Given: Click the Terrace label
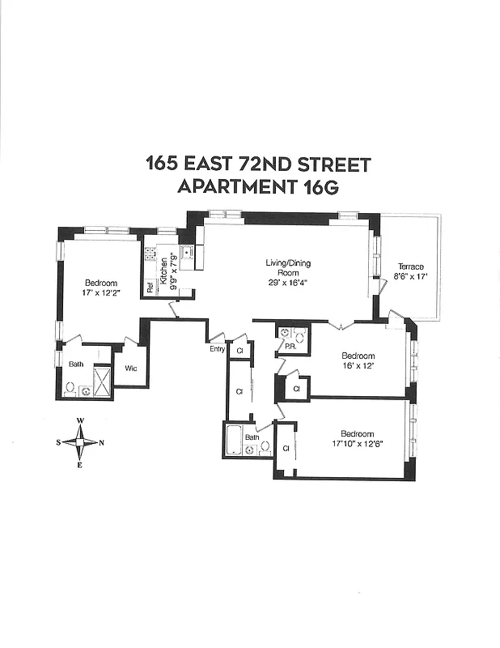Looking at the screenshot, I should [x=410, y=266].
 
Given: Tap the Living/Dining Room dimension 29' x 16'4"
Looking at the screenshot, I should [x=288, y=283].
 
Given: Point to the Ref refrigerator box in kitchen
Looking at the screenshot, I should [x=150, y=287].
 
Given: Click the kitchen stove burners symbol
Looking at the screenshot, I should [x=150, y=254].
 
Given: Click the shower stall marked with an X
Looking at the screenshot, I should [x=102, y=381].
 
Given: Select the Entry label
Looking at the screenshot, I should [x=217, y=349].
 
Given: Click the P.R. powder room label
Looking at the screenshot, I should [x=289, y=346].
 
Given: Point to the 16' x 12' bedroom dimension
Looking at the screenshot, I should [x=358, y=366].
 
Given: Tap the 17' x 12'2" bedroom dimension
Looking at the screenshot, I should [x=100, y=293].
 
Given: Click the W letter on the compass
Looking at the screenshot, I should [x=80, y=421].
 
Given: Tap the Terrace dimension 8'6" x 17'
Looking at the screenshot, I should [x=410, y=277].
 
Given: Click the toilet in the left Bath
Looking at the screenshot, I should [x=70, y=389].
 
